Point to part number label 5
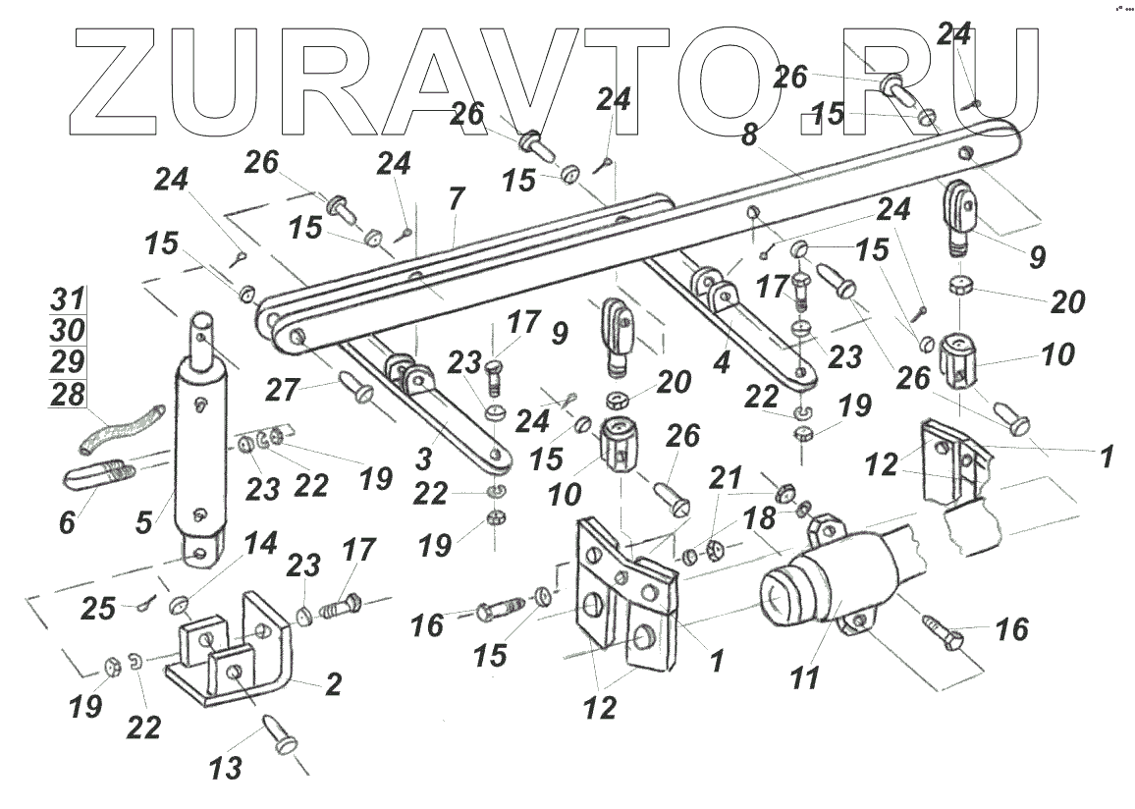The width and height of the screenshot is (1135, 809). (x=144, y=521)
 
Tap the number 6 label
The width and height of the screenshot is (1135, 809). (x=66, y=522)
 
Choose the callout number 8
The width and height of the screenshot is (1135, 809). (x=748, y=136)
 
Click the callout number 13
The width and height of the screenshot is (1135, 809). (x=227, y=768)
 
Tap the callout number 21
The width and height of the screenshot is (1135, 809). (x=728, y=479)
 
